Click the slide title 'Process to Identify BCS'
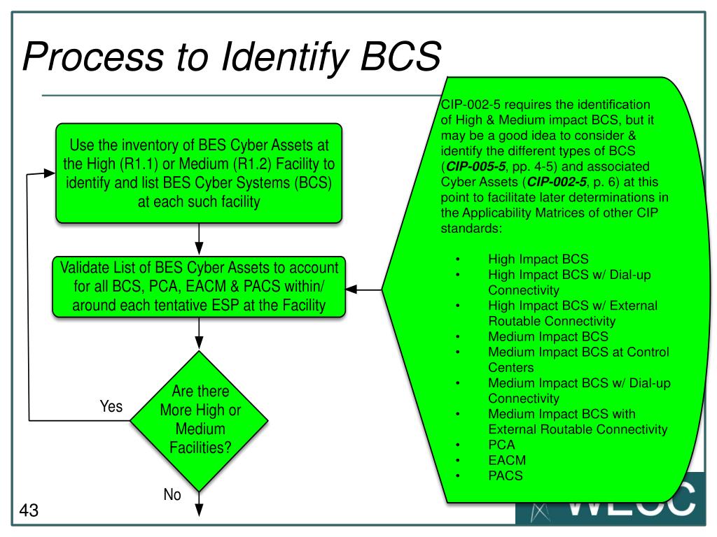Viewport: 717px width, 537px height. (x=232, y=57)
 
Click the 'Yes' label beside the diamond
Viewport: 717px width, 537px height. (x=111, y=406)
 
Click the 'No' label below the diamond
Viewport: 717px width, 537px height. (x=172, y=495)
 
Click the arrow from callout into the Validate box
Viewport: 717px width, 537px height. (x=364, y=289)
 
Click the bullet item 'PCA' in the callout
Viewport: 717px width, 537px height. (x=500, y=445)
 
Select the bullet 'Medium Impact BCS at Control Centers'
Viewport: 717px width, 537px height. (x=578, y=359)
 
